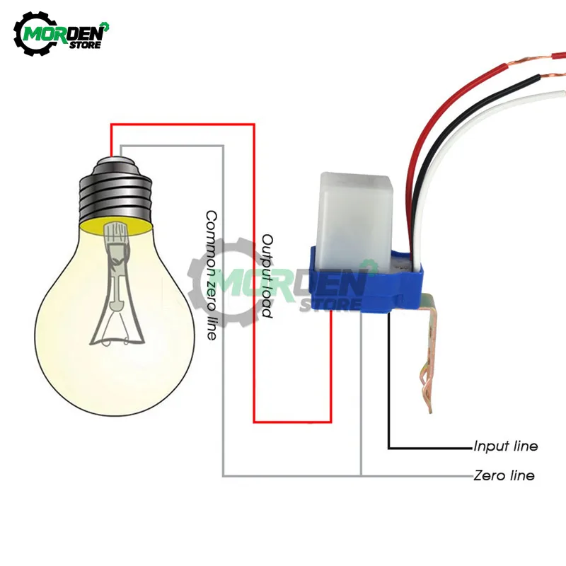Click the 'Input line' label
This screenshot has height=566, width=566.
click(x=505, y=446)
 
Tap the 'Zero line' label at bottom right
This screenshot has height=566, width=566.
click(x=503, y=475)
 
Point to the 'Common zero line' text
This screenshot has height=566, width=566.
click(x=211, y=275)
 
